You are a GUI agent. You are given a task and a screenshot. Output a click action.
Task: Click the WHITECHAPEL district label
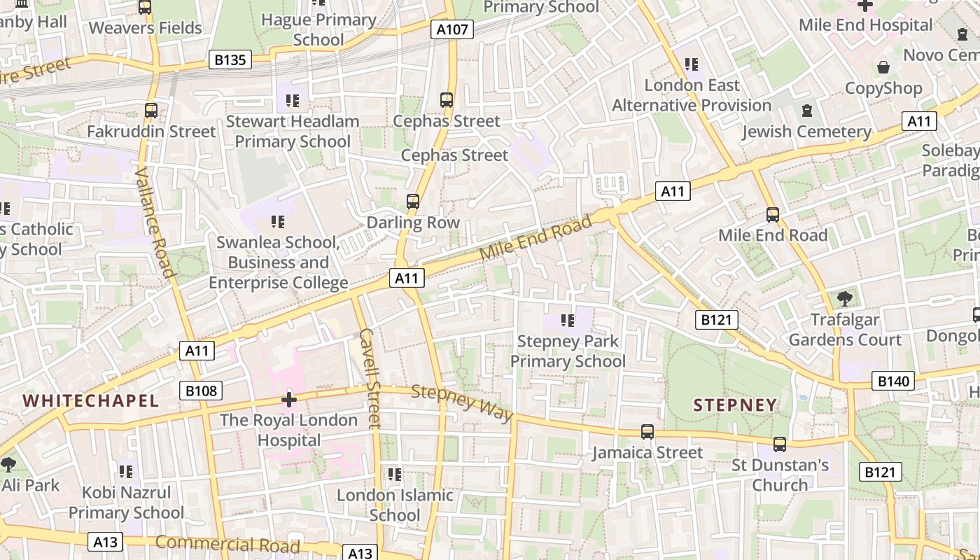[x=91, y=400]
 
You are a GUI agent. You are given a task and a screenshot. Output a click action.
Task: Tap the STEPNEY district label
[x=735, y=405]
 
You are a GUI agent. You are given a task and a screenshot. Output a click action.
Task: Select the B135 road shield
[x=230, y=60]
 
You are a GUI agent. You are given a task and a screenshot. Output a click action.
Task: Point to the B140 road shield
[x=893, y=381]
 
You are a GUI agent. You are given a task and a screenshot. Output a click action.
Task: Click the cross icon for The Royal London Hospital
[x=288, y=400]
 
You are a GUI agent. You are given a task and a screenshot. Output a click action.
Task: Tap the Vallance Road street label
[x=155, y=222]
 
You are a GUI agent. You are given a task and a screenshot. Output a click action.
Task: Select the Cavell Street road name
[x=369, y=378]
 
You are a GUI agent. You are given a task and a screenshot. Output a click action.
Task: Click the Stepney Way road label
[x=462, y=403]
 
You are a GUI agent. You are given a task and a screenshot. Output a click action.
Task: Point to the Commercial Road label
[x=227, y=544]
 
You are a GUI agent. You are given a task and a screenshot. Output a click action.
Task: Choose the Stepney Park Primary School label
[x=568, y=351]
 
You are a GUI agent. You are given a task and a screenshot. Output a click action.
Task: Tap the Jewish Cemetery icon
[x=807, y=111]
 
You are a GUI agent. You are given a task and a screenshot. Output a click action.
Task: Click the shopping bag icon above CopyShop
[x=883, y=67]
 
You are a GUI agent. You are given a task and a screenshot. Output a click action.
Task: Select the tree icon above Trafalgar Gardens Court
[x=845, y=298]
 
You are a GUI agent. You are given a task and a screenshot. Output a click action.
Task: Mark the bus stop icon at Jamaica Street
[x=647, y=432]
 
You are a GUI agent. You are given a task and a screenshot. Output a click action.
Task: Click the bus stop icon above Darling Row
[x=413, y=202]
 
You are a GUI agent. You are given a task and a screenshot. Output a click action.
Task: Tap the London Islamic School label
[x=395, y=505]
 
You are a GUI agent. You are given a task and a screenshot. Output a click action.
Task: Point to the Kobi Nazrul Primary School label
[x=126, y=502]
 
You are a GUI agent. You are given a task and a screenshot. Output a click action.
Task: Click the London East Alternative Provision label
[x=692, y=95]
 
